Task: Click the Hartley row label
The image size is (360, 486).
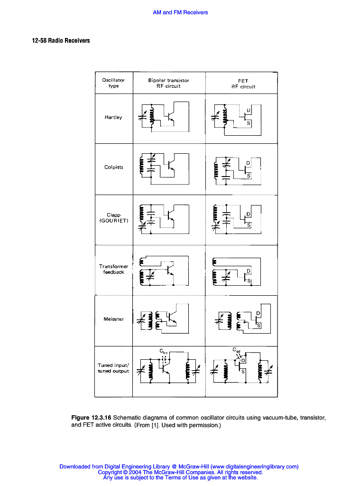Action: point(113,117)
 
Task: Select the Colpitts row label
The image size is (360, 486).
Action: point(113,167)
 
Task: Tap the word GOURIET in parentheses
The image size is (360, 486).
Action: point(113,221)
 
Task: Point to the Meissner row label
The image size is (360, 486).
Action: point(113,319)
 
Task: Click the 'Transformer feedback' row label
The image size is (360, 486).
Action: point(113,269)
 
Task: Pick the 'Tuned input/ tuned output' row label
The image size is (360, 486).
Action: point(113,368)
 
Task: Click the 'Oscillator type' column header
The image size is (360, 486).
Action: point(113,83)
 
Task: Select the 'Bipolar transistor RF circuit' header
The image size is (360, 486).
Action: point(168,83)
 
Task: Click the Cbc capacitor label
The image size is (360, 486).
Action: point(164,352)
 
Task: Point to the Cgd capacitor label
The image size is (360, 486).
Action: point(236,350)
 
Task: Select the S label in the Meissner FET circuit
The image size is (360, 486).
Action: point(258,326)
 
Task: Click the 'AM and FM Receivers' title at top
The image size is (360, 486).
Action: point(180,12)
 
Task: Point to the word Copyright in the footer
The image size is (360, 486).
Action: point(110,472)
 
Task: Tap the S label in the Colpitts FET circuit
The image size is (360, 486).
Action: point(249,176)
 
